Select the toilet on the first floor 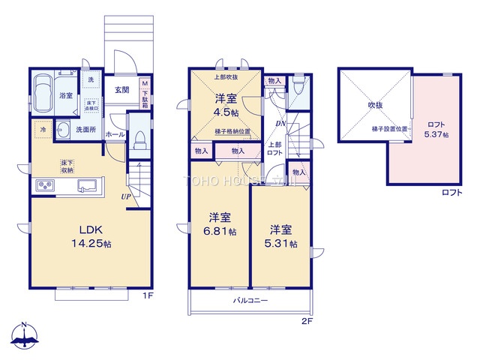139,139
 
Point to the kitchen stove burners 44,185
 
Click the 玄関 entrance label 122,89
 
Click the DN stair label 280,123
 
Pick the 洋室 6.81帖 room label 220,224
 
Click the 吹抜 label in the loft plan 374,105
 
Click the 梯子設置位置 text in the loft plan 390,128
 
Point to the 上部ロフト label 275,148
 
